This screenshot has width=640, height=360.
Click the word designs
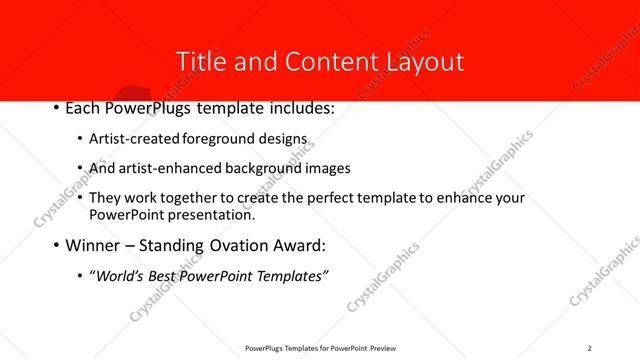285,139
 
